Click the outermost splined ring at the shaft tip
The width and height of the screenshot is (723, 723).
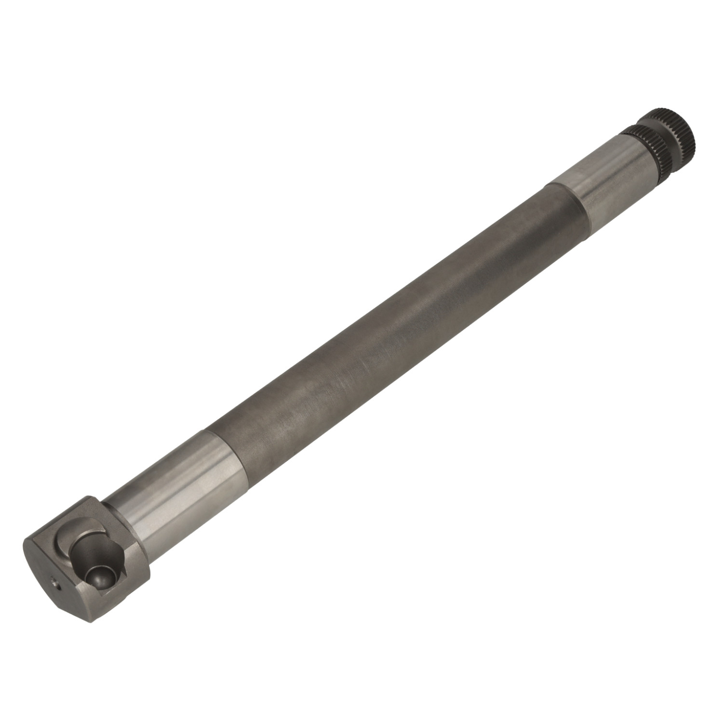click(672, 133)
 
